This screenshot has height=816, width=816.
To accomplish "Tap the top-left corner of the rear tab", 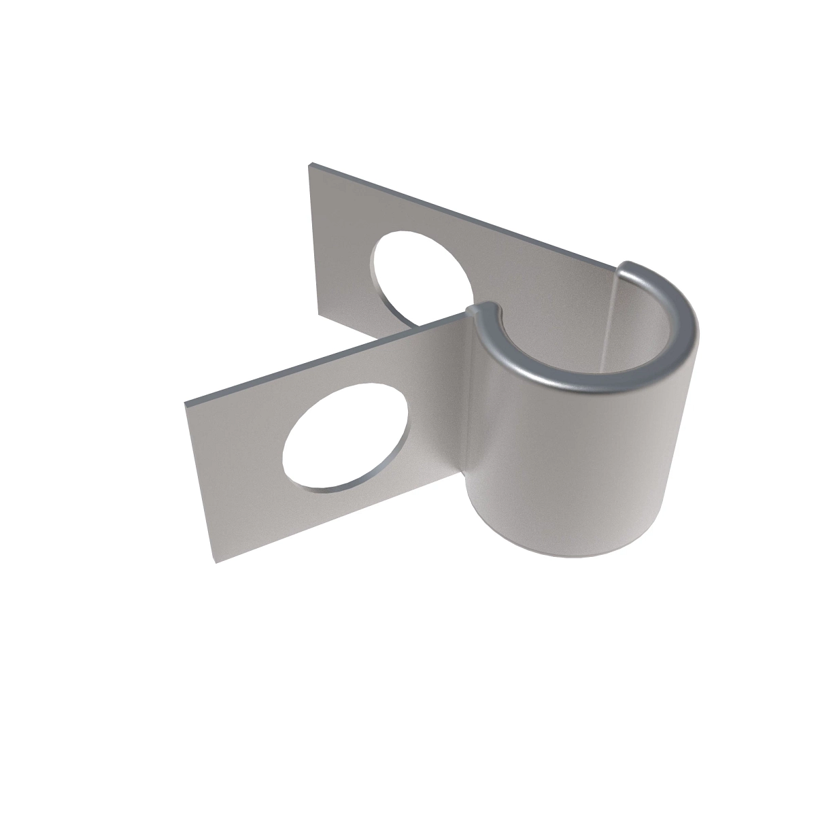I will click(x=311, y=165).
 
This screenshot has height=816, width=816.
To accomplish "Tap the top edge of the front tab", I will click(x=326, y=358).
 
